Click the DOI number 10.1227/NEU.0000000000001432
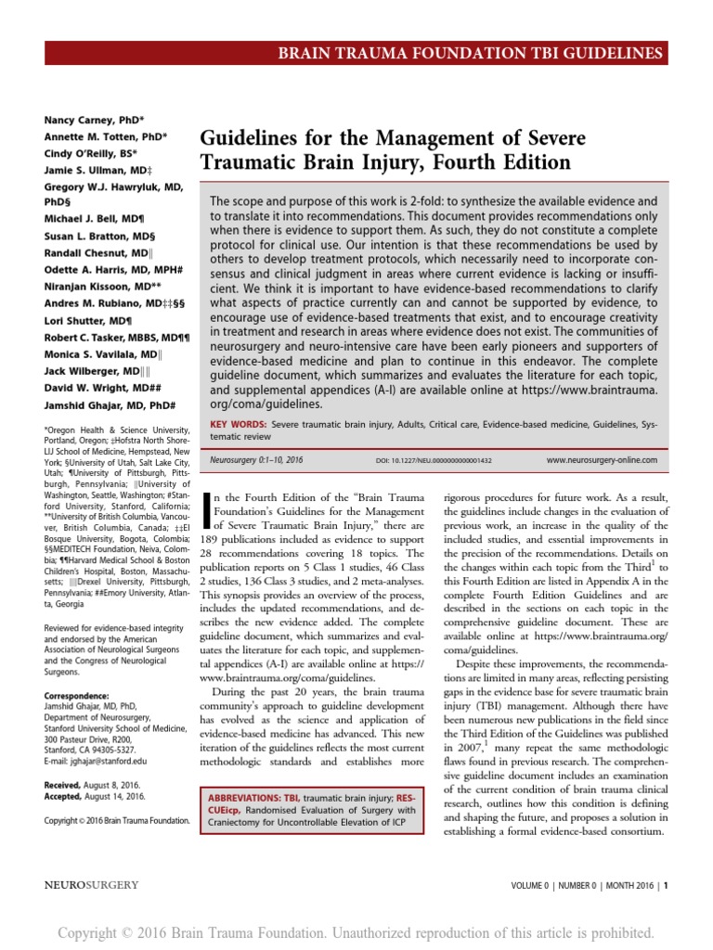(434, 460)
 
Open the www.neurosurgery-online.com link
(601, 460)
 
